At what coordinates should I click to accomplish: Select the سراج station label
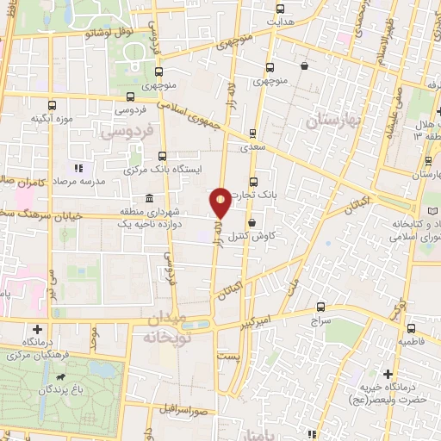tap(320, 319)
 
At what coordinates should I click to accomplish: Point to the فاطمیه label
tap(412, 341)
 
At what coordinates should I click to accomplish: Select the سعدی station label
tap(253, 147)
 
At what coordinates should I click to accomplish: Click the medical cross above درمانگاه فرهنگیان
tap(37, 328)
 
